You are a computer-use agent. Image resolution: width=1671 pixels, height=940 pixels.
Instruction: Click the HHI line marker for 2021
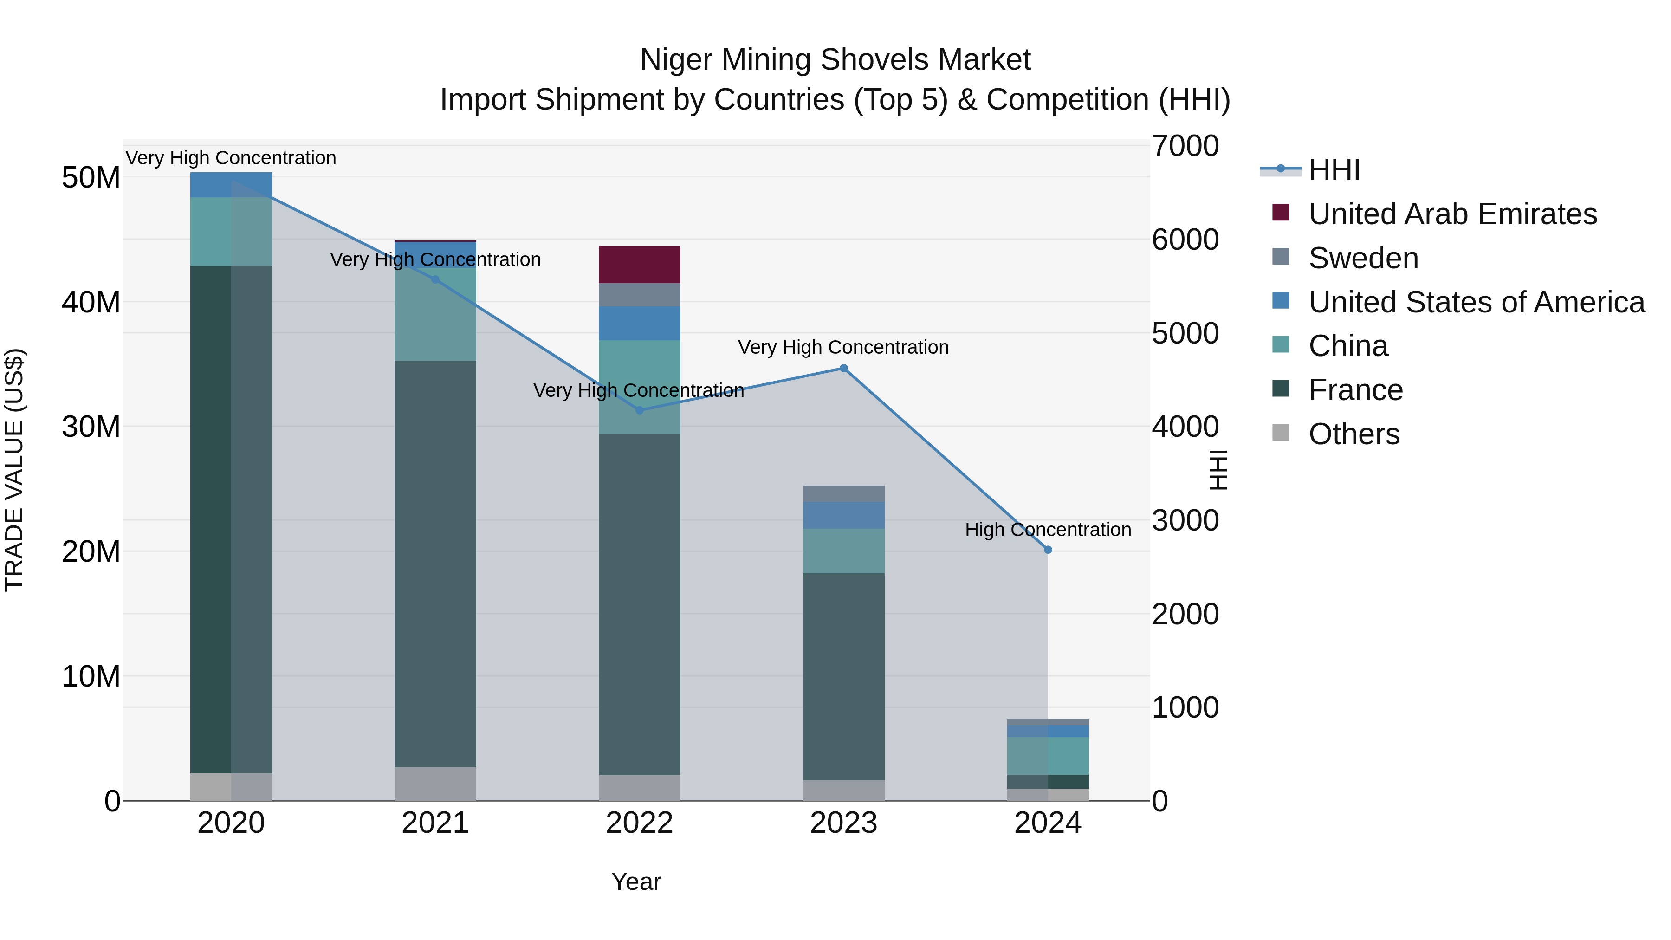click(x=435, y=279)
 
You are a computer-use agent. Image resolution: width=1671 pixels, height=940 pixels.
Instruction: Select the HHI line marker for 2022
click(x=640, y=410)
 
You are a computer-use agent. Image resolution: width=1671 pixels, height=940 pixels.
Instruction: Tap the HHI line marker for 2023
click(x=844, y=369)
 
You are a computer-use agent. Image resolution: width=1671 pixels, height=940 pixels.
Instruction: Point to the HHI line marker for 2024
click(x=1048, y=550)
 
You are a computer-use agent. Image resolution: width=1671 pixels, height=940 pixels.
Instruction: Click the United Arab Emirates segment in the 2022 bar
click(x=640, y=265)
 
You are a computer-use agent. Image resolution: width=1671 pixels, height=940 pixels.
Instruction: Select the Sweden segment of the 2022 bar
click(x=640, y=294)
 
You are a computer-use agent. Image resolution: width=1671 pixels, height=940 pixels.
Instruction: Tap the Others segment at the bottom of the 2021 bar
click(x=435, y=784)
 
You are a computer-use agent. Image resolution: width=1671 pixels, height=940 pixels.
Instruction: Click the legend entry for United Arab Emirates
click(x=1452, y=214)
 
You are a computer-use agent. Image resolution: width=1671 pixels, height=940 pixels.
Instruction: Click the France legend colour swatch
click(x=1281, y=389)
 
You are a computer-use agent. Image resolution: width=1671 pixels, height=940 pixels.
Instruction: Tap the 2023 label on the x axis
click(x=844, y=823)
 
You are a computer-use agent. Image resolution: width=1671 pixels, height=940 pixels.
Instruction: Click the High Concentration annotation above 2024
click(x=1048, y=529)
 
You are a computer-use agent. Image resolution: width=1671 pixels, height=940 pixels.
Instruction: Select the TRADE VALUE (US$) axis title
click(x=14, y=470)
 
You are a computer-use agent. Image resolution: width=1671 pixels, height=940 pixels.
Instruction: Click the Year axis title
click(x=636, y=882)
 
